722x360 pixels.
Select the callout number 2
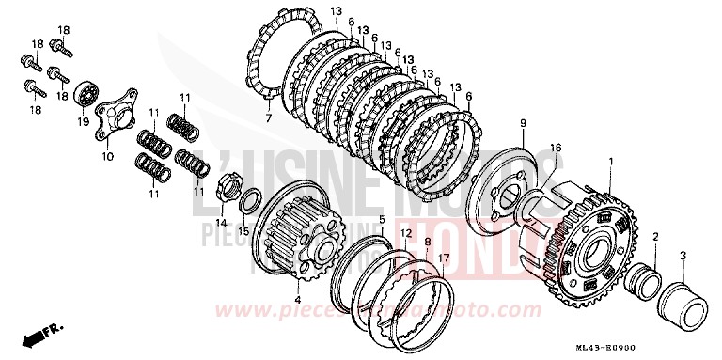click(x=654, y=238)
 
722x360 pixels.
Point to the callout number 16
click(x=556, y=148)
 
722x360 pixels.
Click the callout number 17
click(x=443, y=256)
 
